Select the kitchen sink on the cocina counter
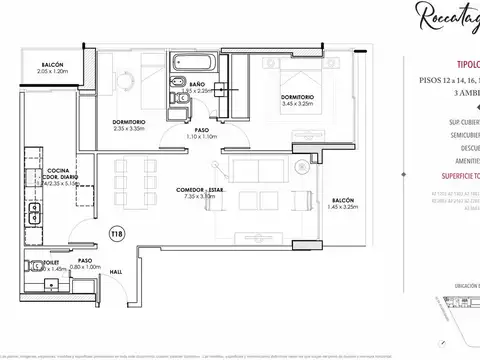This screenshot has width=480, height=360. [33, 213]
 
